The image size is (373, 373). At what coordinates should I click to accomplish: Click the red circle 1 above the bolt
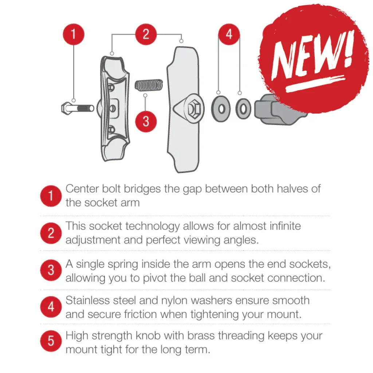(x=74, y=34)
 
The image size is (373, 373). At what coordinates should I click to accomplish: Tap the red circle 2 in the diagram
(x=146, y=34)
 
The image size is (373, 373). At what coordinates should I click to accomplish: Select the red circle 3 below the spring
(x=146, y=122)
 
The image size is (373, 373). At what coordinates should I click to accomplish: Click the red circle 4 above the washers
(x=229, y=34)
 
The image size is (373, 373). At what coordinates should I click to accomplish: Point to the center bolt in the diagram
(x=78, y=109)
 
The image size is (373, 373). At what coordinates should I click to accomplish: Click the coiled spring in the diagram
(x=149, y=85)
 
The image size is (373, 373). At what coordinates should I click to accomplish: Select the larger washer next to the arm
(x=221, y=109)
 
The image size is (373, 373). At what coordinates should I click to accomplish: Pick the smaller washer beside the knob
(x=243, y=109)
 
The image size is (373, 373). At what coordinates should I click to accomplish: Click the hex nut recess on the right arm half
(x=195, y=109)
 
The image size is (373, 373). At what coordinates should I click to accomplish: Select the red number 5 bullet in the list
(x=51, y=341)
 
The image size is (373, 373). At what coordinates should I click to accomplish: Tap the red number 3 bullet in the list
(x=51, y=270)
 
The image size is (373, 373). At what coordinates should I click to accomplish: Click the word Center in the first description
(x=82, y=189)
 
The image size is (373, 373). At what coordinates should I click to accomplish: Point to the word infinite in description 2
(x=285, y=226)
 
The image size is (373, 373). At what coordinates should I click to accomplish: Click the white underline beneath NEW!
(x=315, y=84)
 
